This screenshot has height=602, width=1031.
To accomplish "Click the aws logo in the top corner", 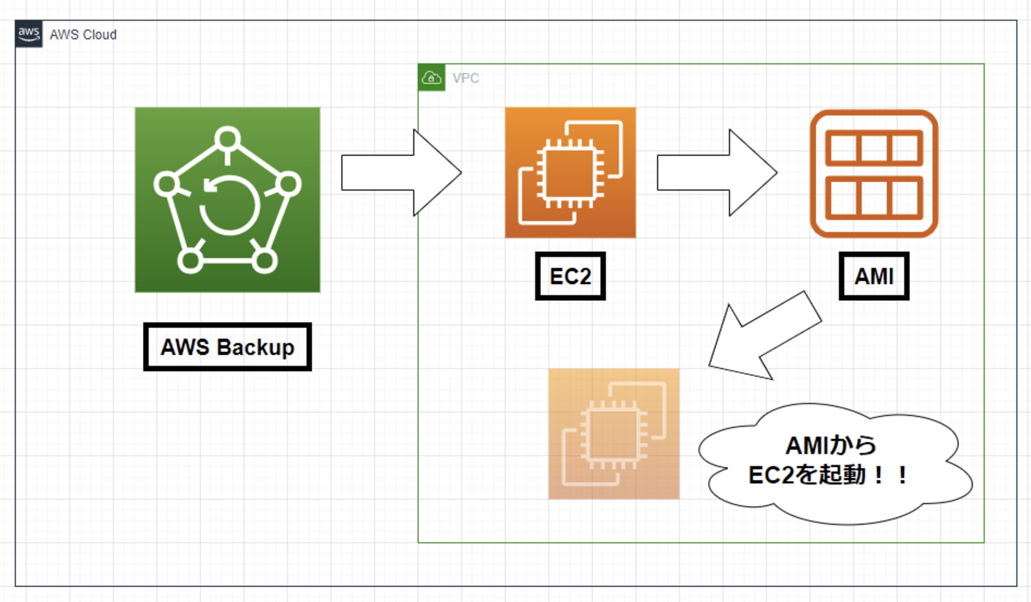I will point(29,34).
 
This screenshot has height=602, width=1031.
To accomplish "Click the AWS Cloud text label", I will point(83,35).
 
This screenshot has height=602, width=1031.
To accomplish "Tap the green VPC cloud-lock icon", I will point(431,77).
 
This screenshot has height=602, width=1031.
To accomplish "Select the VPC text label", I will point(465,78).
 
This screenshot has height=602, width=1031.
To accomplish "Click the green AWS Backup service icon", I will point(228,200).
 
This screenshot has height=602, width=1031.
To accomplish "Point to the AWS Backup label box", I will point(228,347).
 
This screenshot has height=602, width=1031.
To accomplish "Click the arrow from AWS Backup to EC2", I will point(401,173).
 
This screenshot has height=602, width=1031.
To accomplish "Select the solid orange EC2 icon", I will point(570,173).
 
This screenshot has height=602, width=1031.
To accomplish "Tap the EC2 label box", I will point(570,276).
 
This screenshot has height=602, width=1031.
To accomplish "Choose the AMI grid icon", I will point(874,173).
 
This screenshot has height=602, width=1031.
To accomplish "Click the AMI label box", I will point(874,276).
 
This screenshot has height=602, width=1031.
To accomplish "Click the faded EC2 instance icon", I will point(614,434).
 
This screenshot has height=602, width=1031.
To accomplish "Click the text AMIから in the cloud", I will point(831,445).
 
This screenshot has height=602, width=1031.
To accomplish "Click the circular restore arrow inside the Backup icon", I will point(229,206).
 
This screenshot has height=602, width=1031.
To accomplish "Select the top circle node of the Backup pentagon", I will point(228,139).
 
